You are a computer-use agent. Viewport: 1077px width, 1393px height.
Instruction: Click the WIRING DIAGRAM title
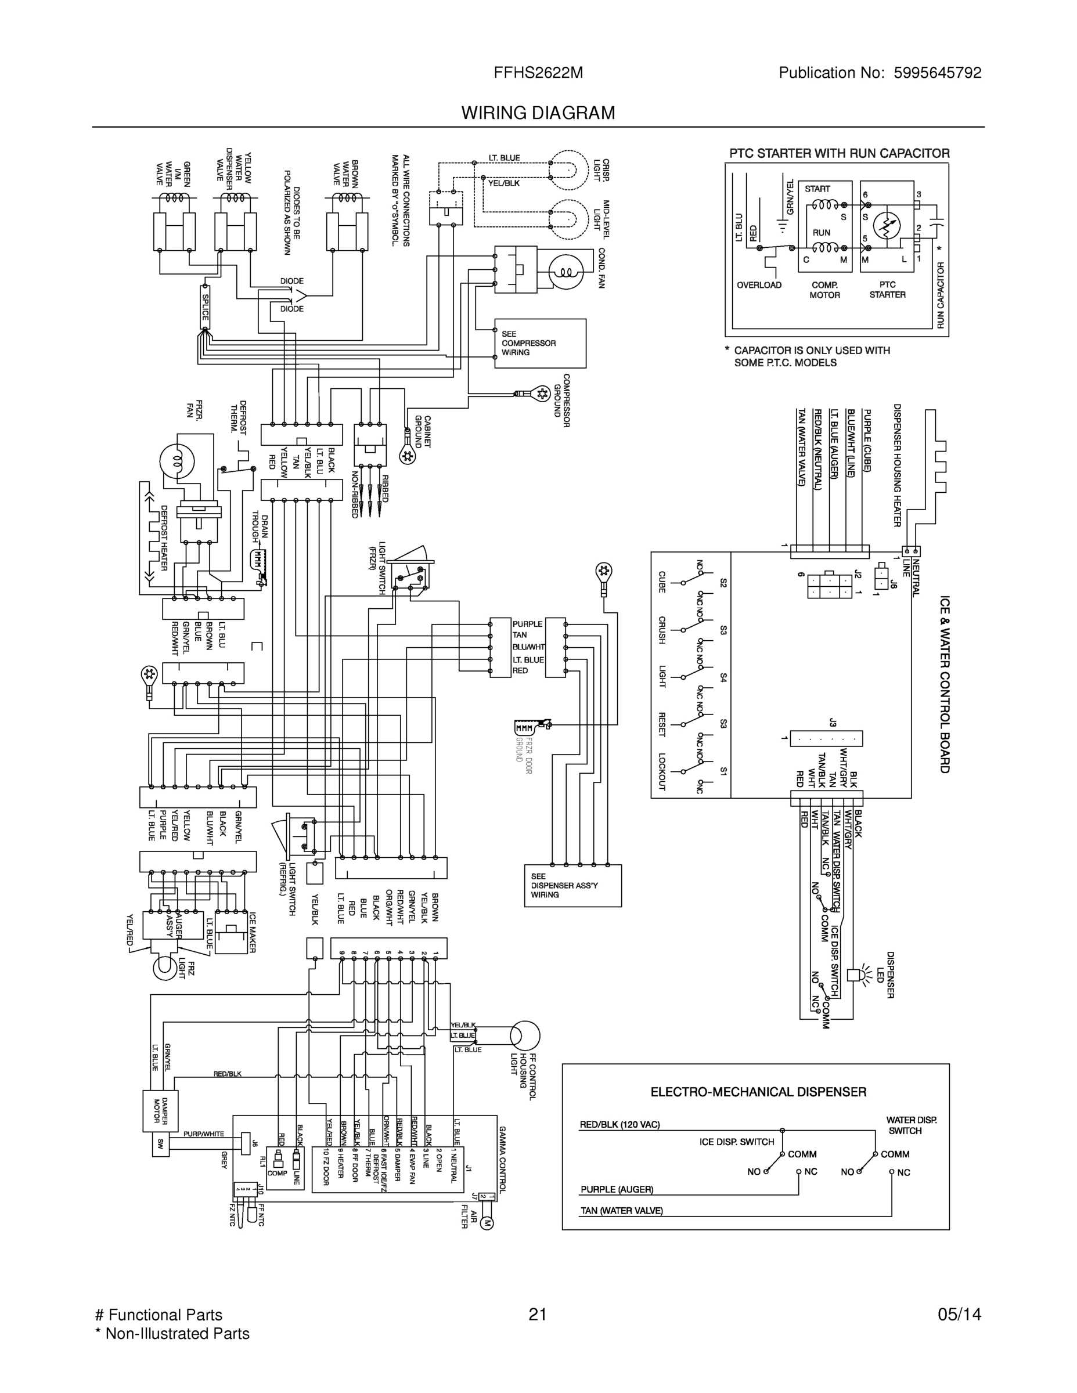pyautogui.click(x=538, y=113)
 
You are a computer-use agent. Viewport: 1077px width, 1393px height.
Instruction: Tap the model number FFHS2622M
pyautogui.click(x=538, y=73)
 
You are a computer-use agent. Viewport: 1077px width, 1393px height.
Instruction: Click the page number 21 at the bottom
pyautogui.click(x=538, y=1315)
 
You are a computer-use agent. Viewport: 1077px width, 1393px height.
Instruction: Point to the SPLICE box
pyautogui.click(x=206, y=307)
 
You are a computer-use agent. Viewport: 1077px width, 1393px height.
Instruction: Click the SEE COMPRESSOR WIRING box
pyautogui.click(x=540, y=343)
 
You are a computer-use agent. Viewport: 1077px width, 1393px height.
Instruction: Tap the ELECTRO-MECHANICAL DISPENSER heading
pyautogui.click(x=758, y=1092)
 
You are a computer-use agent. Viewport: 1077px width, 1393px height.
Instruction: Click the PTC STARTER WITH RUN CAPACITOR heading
pyautogui.click(x=839, y=153)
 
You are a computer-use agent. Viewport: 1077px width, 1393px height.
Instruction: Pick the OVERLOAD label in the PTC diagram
pyautogui.click(x=759, y=285)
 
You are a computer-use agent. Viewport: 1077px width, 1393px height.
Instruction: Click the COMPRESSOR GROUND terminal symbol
pyautogui.click(x=542, y=394)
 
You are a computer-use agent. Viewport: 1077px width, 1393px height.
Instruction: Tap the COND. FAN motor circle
pyautogui.click(x=566, y=271)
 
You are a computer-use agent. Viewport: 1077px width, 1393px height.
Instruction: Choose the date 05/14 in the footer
pyautogui.click(x=959, y=1315)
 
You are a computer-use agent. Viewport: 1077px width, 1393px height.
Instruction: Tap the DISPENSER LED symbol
pyautogui.click(x=855, y=974)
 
